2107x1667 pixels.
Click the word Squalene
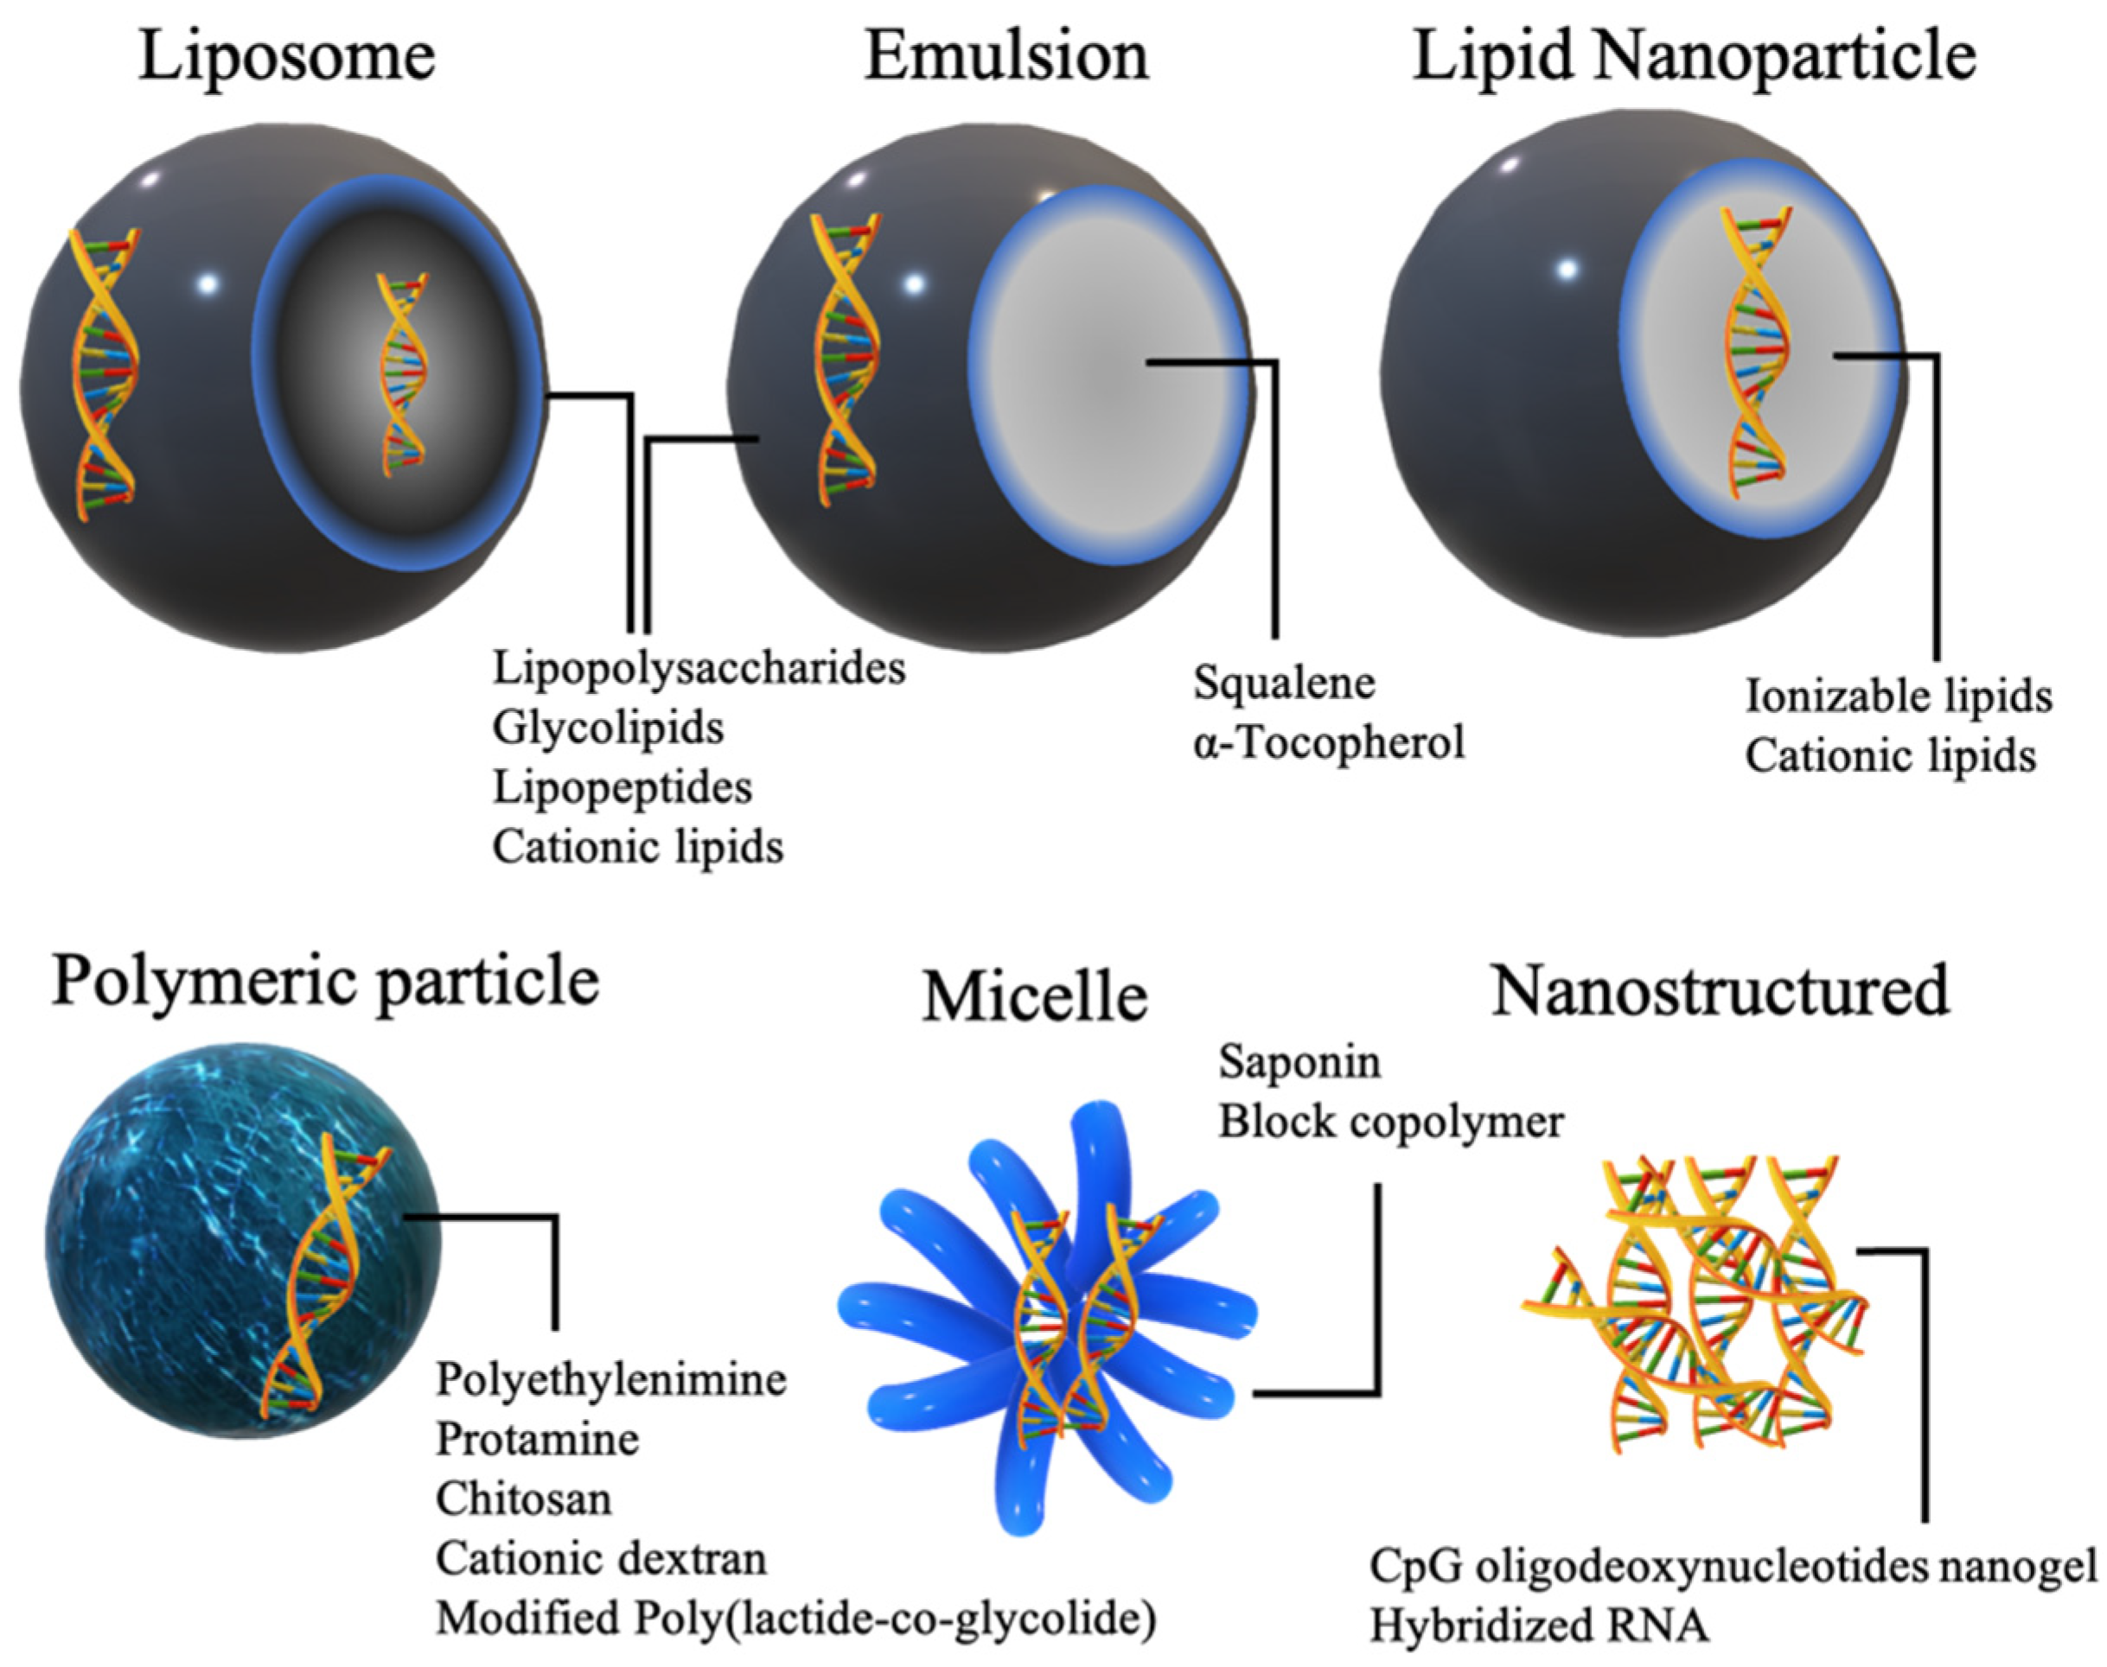pyautogui.click(x=1283, y=682)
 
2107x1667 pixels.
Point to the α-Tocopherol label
pyautogui.click(x=1328, y=742)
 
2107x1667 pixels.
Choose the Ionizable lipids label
pyautogui.click(x=1898, y=696)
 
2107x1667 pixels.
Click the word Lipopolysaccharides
pyautogui.click(x=698, y=669)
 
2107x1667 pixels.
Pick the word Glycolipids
pyautogui.click(x=607, y=727)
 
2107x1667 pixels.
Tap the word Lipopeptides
pyautogui.click(x=622, y=786)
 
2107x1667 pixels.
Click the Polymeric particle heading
pyautogui.click(x=324, y=980)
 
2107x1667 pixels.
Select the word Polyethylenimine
pyautogui.click(x=610, y=1379)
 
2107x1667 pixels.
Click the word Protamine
pyautogui.click(x=537, y=1439)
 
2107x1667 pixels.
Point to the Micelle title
pyautogui.click(x=1034, y=997)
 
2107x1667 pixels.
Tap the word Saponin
pyautogui.click(x=1299, y=1062)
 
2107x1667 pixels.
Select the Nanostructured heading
pyautogui.click(x=1721, y=989)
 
